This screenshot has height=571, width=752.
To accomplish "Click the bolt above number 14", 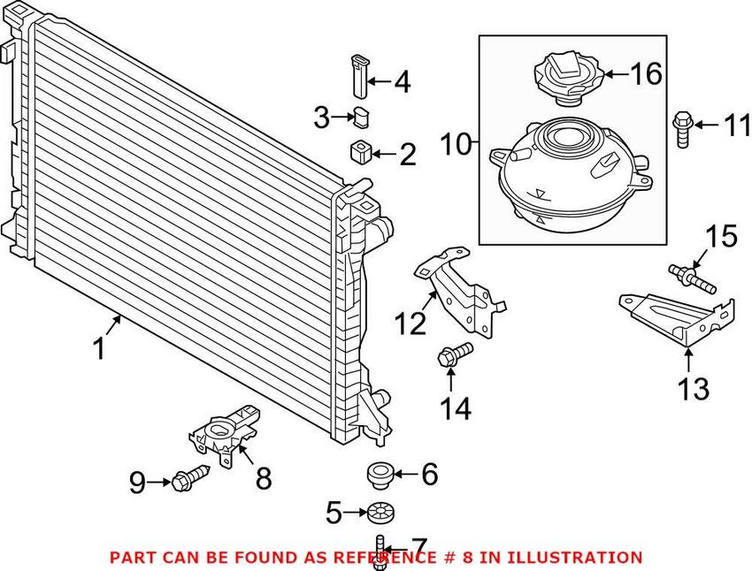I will coord(451,357).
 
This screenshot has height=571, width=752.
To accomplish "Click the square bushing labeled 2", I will coord(359,153).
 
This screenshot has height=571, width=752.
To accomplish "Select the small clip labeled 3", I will coord(361,115).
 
